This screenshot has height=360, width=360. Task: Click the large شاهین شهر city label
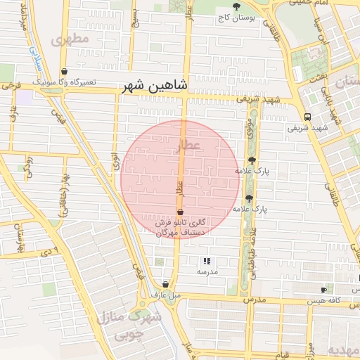[154, 86]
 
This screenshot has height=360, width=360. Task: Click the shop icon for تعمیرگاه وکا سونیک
[65, 71]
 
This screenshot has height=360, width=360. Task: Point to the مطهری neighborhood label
[75, 39]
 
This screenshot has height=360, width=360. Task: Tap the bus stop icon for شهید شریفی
[307, 117]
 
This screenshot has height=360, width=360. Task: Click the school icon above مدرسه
[207, 261]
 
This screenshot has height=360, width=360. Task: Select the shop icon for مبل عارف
[166, 285]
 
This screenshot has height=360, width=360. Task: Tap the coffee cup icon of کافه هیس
[323, 290]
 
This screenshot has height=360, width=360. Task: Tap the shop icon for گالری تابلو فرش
[180, 212]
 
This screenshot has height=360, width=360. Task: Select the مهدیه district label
[345, 350]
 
